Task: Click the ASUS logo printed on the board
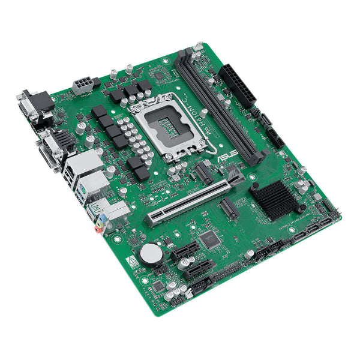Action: click(x=229, y=157)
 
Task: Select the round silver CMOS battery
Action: click(x=151, y=254)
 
